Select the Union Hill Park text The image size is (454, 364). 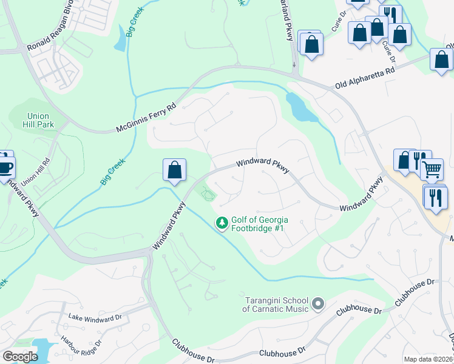(41, 120)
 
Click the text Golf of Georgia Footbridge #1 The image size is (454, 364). (260, 224)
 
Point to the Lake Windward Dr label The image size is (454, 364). (95, 317)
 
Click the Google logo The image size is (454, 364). (19, 357)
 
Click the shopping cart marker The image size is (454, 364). (432, 170)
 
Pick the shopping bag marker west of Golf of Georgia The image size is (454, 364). (174, 170)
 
